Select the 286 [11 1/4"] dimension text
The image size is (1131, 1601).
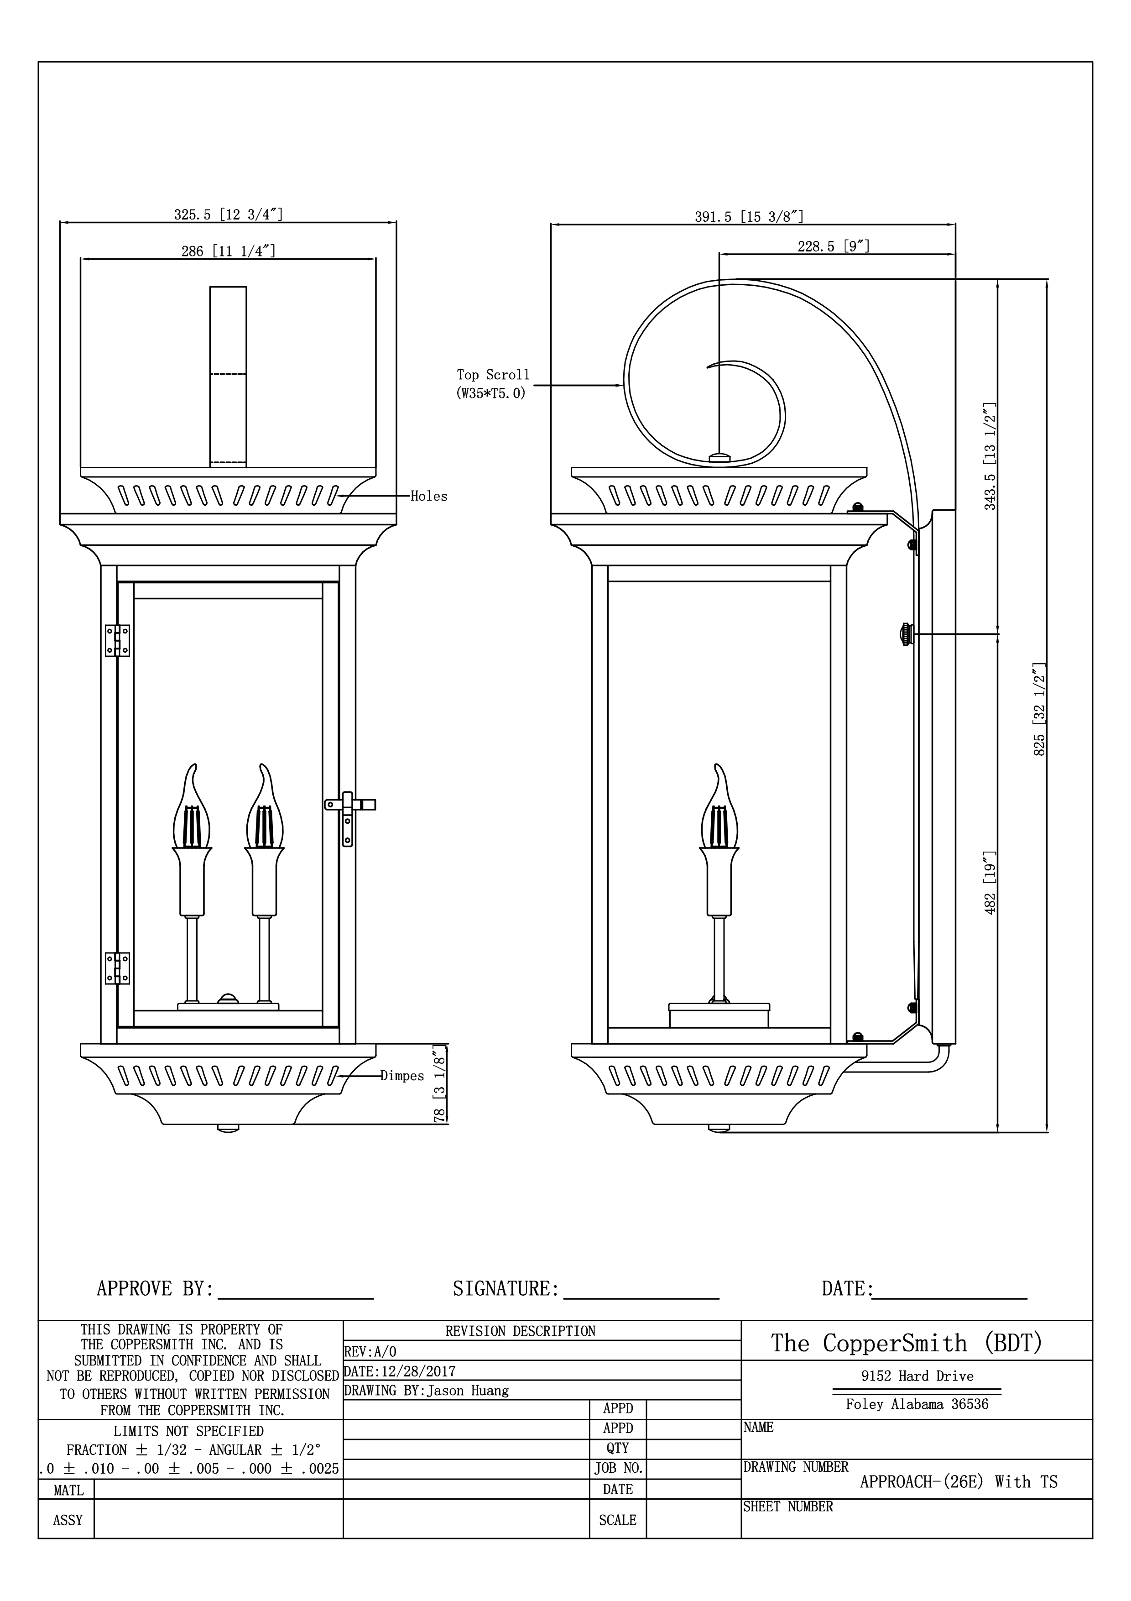(x=228, y=251)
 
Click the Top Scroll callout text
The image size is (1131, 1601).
(x=493, y=383)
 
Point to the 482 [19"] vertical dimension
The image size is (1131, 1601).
(x=990, y=883)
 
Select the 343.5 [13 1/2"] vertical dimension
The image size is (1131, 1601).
(x=990, y=456)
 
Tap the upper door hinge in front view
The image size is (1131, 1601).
(x=117, y=640)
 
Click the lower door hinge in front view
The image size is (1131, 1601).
(x=117, y=968)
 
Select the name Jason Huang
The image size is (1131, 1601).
(x=468, y=1391)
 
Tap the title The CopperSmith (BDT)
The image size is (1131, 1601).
(x=906, y=1343)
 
